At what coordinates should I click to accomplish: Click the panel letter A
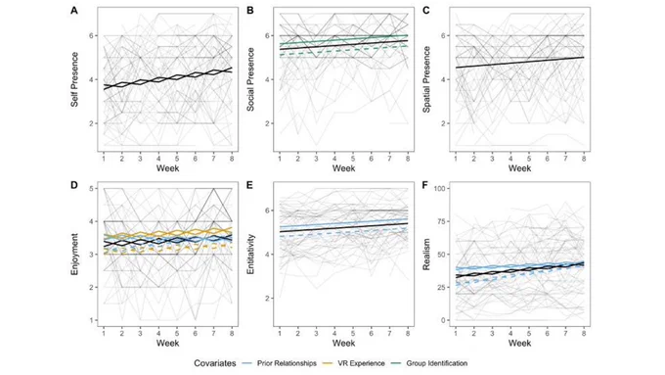(x=74, y=11)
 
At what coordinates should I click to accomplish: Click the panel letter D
(x=74, y=185)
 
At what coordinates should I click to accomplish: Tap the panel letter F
(x=425, y=185)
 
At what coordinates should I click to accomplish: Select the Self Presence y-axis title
(x=74, y=79)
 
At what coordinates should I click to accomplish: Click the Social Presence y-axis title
(x=250, y=79)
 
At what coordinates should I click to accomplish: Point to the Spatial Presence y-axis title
(x=426, y=79)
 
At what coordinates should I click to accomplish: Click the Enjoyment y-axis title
(x=74, y=254)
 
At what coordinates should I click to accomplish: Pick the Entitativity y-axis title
(x=250, y=254)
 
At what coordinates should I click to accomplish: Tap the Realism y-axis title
(x=426, y=254)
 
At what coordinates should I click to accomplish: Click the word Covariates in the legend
(x=215, y=363)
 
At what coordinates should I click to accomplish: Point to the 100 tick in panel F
(x=444, y=188)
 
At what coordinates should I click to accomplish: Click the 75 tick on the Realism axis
(x=446, y=221)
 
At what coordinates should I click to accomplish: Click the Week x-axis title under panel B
(x=343, y=168)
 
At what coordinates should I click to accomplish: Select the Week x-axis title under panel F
(x=519, y=343)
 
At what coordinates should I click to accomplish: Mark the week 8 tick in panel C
(x=584, y=159)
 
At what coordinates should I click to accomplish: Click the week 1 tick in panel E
(x=280, y=333)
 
